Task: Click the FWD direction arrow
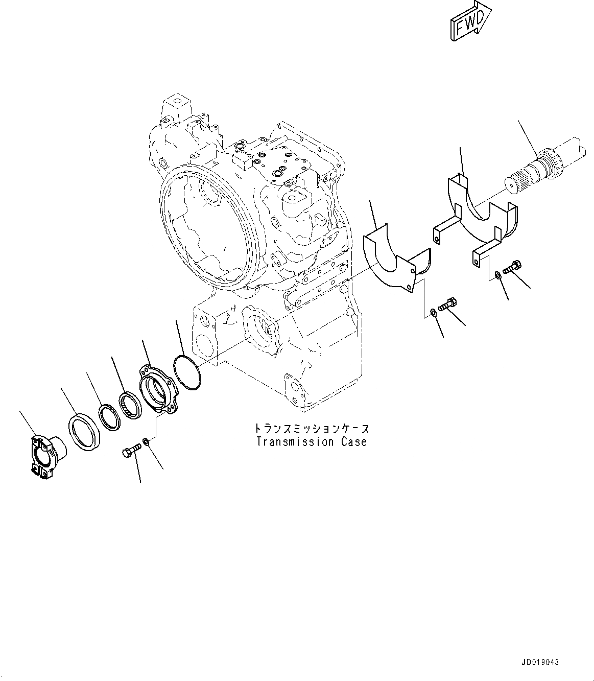click(470, 20)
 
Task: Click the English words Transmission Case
click(312, 442)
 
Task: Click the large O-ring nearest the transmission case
click(186, 375)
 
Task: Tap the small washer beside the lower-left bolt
click(146, 441)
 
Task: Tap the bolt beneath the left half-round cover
click(448, 304)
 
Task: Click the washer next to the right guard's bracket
click(498, 276)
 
